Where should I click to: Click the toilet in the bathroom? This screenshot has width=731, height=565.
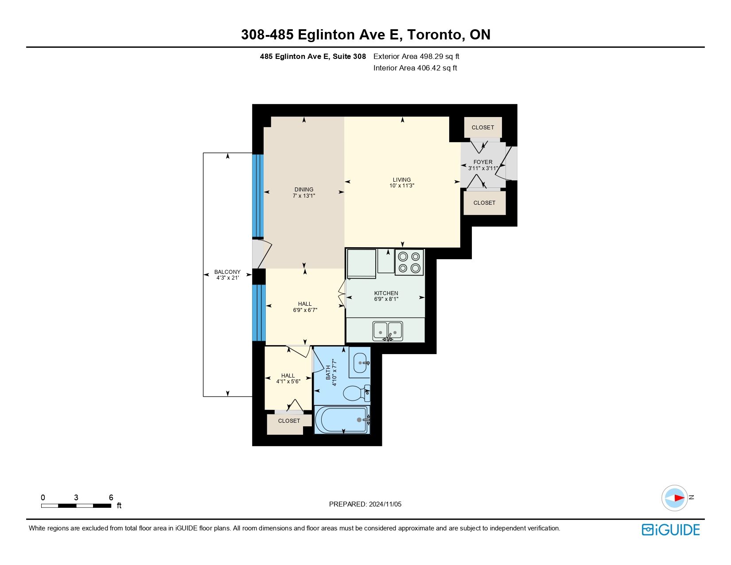356,393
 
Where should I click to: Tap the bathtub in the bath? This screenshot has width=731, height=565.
342,420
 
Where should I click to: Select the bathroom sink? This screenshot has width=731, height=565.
360,363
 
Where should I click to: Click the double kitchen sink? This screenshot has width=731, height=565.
388,331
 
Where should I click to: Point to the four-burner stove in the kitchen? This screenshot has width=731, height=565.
409,262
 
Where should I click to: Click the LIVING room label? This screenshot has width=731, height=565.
402,180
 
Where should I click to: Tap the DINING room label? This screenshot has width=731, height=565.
304,190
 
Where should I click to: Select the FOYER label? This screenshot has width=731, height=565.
483,162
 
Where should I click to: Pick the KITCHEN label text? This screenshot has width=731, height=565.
386,293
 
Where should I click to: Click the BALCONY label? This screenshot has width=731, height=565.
227,272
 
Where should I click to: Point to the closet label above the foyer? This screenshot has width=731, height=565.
483,128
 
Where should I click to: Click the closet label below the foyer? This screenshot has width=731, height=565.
484,203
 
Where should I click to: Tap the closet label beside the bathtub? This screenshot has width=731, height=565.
289,421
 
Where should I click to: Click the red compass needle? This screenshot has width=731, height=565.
679,498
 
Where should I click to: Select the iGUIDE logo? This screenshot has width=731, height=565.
670,530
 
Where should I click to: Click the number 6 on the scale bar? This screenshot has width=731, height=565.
111,497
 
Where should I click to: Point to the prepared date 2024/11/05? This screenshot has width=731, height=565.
385,504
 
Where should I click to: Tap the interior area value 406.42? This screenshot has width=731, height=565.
428,68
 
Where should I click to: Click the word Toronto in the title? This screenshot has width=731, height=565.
434,35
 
